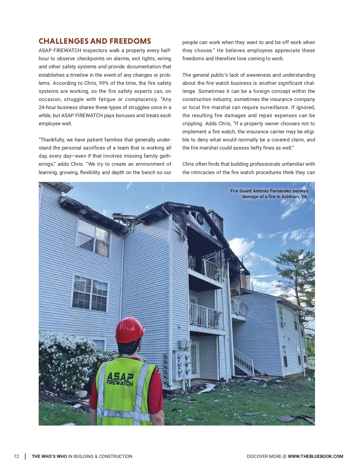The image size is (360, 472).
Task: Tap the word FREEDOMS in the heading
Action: tap(130, 41)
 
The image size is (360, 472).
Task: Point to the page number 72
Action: tap(16, 456)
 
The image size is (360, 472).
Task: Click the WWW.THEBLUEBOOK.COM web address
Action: tap(315, 456)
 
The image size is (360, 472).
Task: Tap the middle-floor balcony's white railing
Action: tap(206, 316)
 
